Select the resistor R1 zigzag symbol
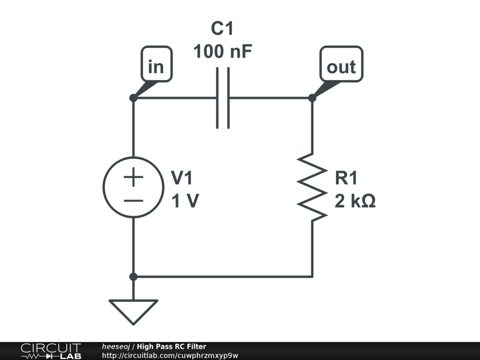click(312, 187)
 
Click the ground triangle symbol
click(134, 312)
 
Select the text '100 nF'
click(223, 52)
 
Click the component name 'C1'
click(222, 29)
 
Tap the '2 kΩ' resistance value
click(355, 201)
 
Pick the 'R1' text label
click(346, 178)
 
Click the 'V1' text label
click(182, 178)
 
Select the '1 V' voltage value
click(185, 201)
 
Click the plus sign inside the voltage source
click(134, 177)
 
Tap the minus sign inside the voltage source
click(134, 201)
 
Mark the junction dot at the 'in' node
click(134, 98)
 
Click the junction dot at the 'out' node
click(312, 98)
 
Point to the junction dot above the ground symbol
click(134, 277)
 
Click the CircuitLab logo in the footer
click(51, 351)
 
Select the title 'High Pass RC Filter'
click(172, 346)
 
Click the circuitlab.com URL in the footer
click(170, 355)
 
